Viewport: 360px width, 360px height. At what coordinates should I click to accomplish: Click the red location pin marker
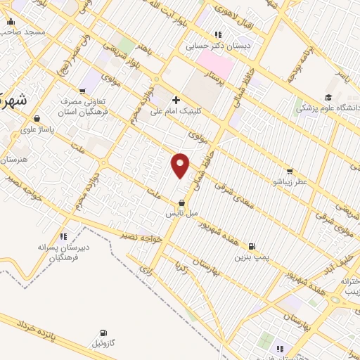(x=181, y=165)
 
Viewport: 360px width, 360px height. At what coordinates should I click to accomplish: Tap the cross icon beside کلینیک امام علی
(x=176, y=100)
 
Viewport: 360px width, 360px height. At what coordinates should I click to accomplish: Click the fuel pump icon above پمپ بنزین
(x=252, y=247)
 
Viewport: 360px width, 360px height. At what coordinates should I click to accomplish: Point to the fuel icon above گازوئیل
(x=104, y=333)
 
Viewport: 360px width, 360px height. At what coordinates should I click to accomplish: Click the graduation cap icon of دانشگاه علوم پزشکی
(x=328, y=98)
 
